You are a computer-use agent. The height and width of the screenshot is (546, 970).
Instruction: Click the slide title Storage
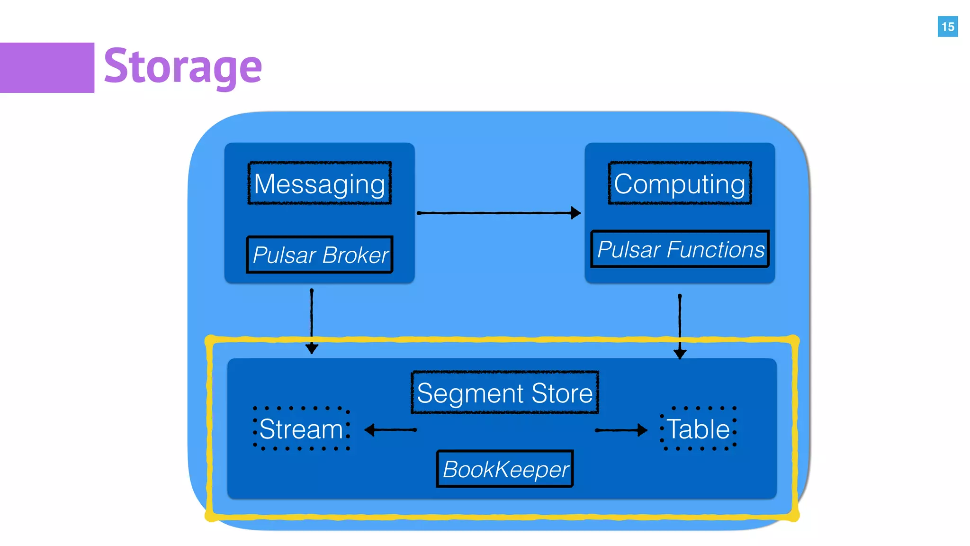click(182, 66)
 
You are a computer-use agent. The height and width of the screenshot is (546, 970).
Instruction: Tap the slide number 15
click(947, 27)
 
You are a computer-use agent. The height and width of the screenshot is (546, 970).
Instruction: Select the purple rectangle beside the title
click(47, 68)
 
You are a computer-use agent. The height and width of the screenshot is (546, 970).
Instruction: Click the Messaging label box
click(320, 183)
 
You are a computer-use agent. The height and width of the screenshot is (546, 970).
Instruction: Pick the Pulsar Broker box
click(320, 255)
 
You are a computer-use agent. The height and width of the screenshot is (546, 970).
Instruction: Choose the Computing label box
click(680, 183)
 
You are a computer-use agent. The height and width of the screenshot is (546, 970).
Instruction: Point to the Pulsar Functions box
click(680, 249)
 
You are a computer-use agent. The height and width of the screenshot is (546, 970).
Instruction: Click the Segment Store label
click(505, 393)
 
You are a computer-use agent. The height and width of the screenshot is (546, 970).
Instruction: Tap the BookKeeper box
click(505, 469)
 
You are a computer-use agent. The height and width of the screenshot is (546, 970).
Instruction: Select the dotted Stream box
click(302, 429)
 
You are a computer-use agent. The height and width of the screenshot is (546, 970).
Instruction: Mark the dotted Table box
click(698, 429)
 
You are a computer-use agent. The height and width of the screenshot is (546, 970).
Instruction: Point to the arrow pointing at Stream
click(391, 430)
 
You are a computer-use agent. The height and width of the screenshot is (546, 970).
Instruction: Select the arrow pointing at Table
click(620, 430)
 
